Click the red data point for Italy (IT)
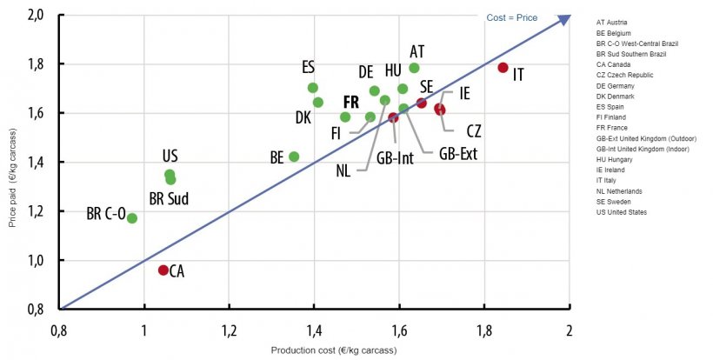tap(503, 68)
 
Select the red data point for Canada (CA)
tap(163, 270)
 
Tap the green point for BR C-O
tap(132, 218)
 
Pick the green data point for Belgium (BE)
tap(294, 157)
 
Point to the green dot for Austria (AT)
tap(414, 68)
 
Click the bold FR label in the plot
tap(351, 102)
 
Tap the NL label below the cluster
tap(343, 170)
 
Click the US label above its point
tap(170, 157)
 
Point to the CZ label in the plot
tap(473, 131)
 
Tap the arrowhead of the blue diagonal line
tap(566, 17)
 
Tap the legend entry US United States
tap(623, 212)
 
